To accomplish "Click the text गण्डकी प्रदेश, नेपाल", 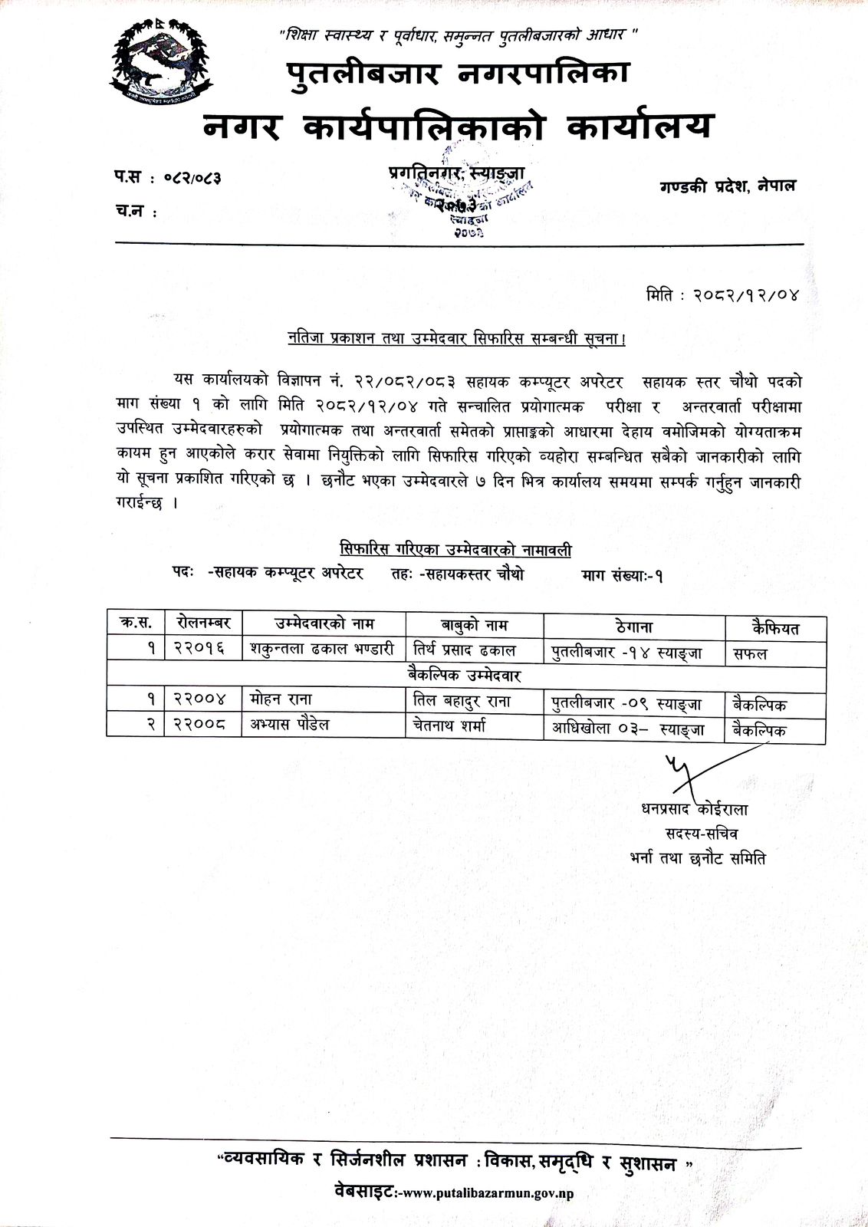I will coord(727,186).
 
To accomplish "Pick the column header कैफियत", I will coord(775,628).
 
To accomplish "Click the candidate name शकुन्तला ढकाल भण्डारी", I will coord(321,651).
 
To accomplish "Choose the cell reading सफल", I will coord(750,653).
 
